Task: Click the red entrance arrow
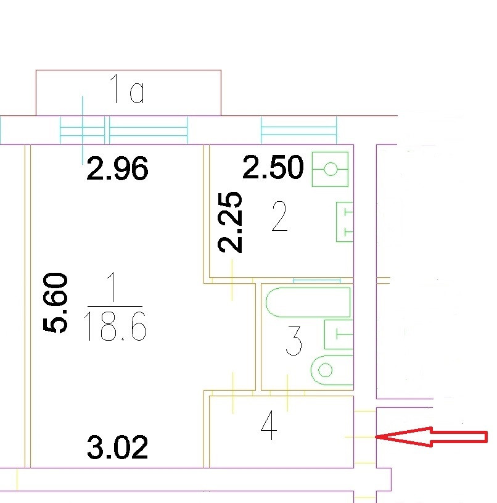coord(432,437)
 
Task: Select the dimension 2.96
coord(117,168)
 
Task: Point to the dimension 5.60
coord(55,302)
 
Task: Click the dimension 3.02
coord(117,447)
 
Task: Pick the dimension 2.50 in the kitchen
coord(273,168)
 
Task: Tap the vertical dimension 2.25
coord(231,222)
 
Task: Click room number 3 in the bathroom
coord(294,343)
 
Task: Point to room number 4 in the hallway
coord(268,425)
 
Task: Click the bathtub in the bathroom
coord(308,302)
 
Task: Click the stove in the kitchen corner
coord(331,168)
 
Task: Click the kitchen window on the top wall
coord(299,130)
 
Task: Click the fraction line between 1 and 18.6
coord(115,306)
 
